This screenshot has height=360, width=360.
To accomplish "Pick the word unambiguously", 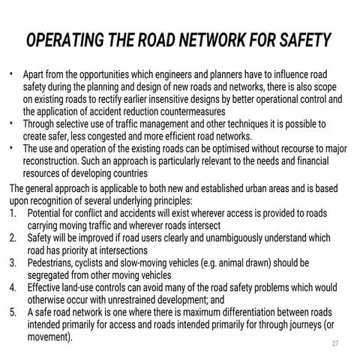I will click(x=234, y=238).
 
